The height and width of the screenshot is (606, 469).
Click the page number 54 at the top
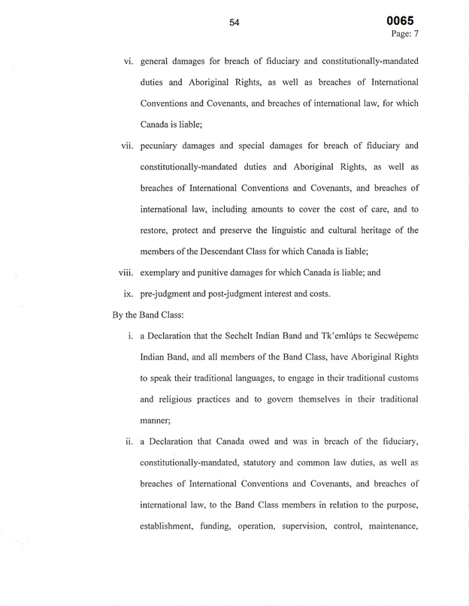pyautogui.click(x=234, y=23)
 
